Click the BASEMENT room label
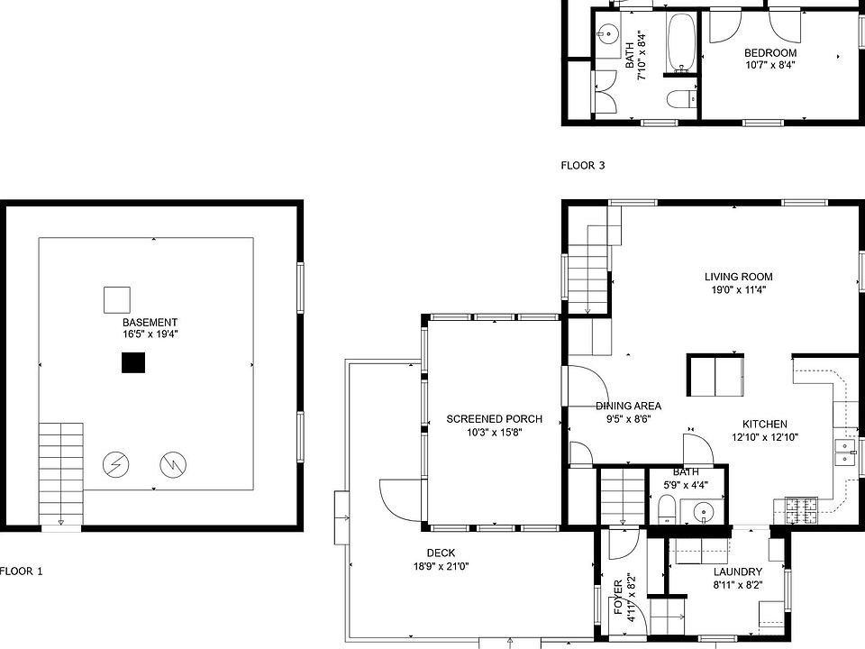coord(150,323)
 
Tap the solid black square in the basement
coord(133,362)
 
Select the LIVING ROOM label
coord(738,277)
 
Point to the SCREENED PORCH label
coord(495,419)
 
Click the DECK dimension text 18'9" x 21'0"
coord(442,566)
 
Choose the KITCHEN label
coord(765,425)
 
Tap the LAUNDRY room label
coord(738,572)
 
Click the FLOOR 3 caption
coord(583,166)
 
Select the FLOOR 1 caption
coord(21,571)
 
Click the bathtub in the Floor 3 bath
coord(682,42)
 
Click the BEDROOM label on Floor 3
coord(770,53)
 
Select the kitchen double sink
coord(845,452)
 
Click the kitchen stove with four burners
coord(802,510)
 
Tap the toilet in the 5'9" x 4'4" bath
coord(667,508)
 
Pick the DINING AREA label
coord(628,407)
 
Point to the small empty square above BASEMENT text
coord(117,300)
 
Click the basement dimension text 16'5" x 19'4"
coord(150,334)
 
